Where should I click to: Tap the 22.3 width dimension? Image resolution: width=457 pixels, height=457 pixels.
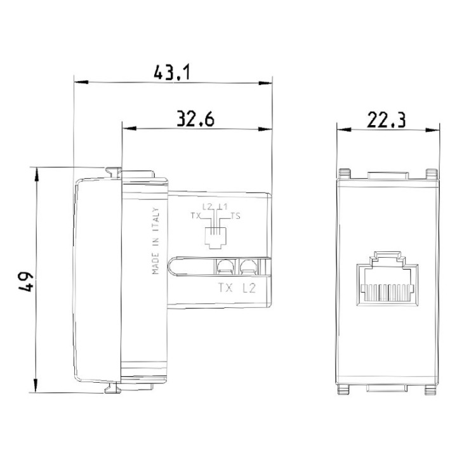point(387,118)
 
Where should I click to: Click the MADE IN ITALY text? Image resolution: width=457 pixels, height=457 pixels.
point(155,241)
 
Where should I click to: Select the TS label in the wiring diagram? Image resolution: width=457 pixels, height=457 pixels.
point(235,216)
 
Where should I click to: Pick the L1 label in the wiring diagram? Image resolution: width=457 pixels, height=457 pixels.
point(221,208)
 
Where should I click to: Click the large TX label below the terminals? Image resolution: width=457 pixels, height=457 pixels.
point(225,288)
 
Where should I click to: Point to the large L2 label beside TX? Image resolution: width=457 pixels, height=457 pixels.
point(249,288)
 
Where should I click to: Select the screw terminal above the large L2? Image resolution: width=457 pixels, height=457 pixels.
point(247,267)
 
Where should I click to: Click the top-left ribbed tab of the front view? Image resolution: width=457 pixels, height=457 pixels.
point(345,173)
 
